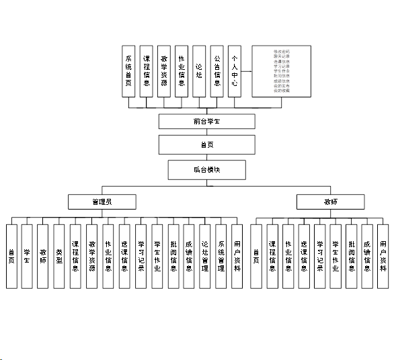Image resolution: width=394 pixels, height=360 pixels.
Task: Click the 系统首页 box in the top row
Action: [129, 71]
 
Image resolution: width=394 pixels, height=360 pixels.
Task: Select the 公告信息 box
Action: [216, 71]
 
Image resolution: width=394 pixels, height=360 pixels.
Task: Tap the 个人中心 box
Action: [235, 71]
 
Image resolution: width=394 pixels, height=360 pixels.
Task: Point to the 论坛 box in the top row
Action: [199, 71]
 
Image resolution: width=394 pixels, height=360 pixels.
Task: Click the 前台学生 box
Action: [206, 122]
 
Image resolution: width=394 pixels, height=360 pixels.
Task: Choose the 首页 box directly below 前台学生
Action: [206, 144]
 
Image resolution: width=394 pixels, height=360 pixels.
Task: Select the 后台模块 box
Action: [206, 169]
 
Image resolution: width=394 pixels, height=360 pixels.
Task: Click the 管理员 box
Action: [102, 201]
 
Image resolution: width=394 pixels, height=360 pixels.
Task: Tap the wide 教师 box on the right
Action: [331, 201]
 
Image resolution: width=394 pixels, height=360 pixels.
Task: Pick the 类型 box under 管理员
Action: [59, 256]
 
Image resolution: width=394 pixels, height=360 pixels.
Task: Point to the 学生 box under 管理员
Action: [27, 256]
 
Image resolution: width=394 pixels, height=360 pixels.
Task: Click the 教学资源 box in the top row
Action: [164, 71]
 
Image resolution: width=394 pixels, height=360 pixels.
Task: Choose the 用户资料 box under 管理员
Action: [237, 256]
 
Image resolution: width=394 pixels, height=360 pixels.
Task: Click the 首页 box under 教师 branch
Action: [256, 256]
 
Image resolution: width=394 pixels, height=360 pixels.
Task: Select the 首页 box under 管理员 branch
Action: [11, 256]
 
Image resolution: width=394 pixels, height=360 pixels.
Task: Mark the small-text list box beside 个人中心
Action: [281, 71]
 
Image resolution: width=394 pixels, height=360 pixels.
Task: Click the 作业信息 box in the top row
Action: [182, 71]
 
